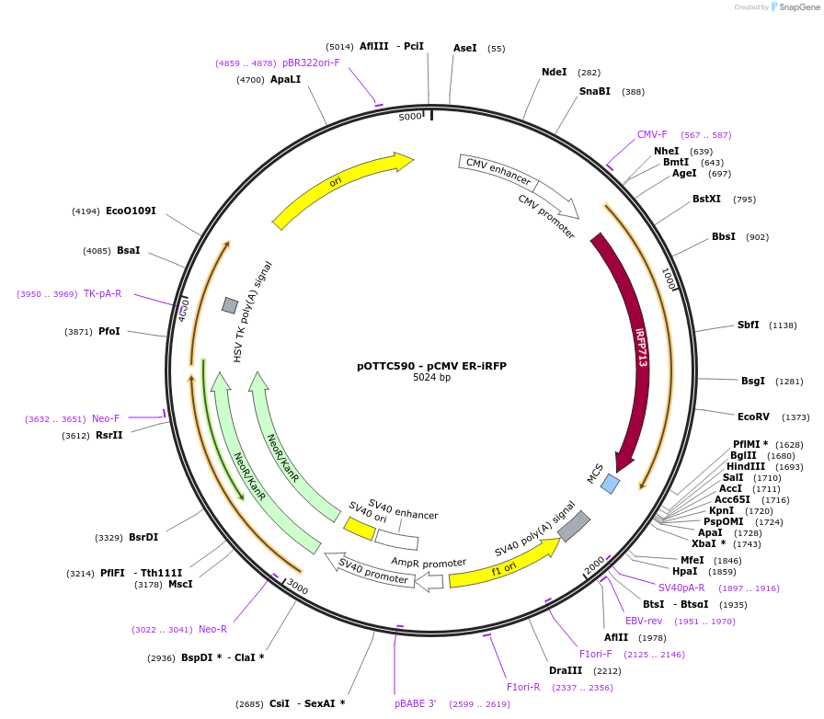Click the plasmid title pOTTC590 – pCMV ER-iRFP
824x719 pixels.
point(431,365)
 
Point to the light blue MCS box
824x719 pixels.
point(610,484)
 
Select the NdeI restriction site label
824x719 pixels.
point(555,72)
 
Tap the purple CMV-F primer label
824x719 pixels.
point(652,134)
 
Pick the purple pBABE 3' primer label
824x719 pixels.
point(416,703)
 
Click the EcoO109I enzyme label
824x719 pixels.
point(131,211)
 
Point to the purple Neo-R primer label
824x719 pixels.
point(212,629)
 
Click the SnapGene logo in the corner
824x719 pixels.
point(793,7)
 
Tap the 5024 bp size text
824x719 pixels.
point(431,378)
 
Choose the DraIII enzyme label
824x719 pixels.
point(566,670)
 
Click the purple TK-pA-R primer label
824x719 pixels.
point(102,293)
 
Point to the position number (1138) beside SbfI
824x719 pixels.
point(784,325)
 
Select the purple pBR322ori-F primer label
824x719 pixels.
point(311,63)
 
